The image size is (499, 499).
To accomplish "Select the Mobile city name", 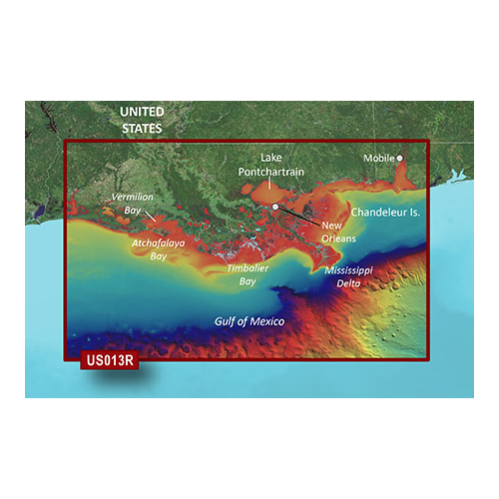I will click(377, 158).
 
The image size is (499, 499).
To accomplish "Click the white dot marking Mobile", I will click(399, 158).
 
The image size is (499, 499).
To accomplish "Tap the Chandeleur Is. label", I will click(384, 214).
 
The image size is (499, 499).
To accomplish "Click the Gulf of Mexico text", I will click(249, 321).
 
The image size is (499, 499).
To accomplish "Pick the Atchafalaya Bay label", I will click(157, 248).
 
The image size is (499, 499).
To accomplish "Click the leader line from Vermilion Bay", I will click(149, 212).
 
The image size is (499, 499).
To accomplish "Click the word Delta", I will click(350, 283).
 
